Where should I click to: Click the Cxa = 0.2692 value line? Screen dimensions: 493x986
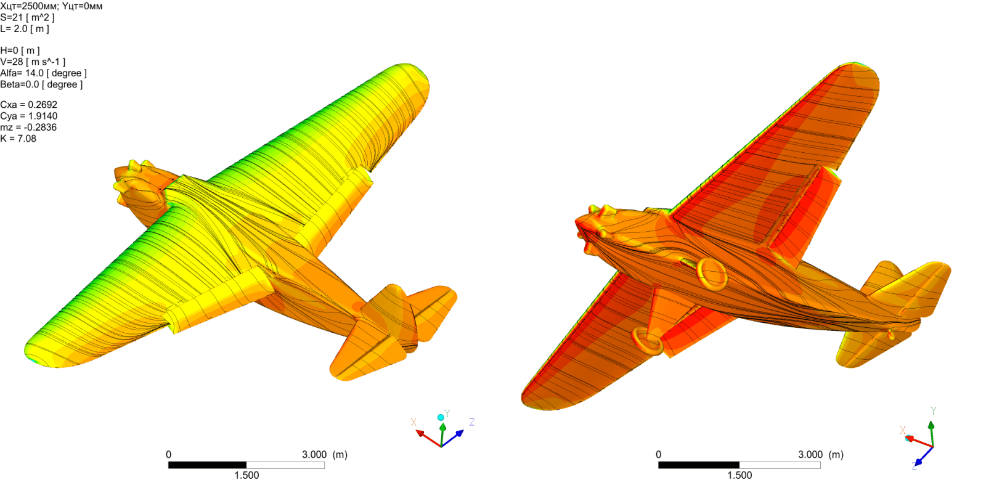(x=28, y=105)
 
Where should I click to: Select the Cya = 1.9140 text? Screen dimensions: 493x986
(x=28, y=116)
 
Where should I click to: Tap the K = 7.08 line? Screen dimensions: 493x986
(x=18, y=139)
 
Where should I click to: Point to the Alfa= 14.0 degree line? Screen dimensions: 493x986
(x=43, y=73)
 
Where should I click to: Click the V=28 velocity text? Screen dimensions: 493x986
(x=32, y=62)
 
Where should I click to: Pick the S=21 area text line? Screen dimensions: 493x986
(x=27, y=17)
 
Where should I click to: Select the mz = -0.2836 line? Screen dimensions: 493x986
(x=28, y=128)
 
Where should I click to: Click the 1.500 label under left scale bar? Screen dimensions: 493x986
(x=246, y=475)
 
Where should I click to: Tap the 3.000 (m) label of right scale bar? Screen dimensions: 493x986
(x=820, y=455)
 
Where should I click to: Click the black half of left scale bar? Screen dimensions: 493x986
(x=207, y=465)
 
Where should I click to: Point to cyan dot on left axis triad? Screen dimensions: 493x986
(x=441, y=417)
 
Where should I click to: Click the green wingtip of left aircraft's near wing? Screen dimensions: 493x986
(x=34, y=351)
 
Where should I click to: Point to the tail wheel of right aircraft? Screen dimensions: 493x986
(x=891, y=335)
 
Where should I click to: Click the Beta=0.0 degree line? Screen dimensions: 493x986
(x=41, y=84)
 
